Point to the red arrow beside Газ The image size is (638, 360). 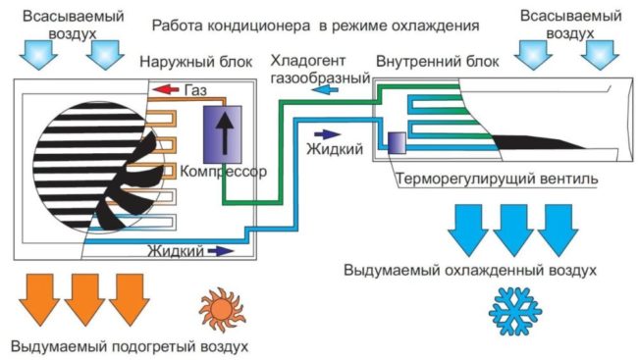[x=165, y=90]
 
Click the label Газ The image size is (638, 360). [x=195, y=90]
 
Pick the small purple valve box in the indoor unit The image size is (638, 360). [x=398, y=142]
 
